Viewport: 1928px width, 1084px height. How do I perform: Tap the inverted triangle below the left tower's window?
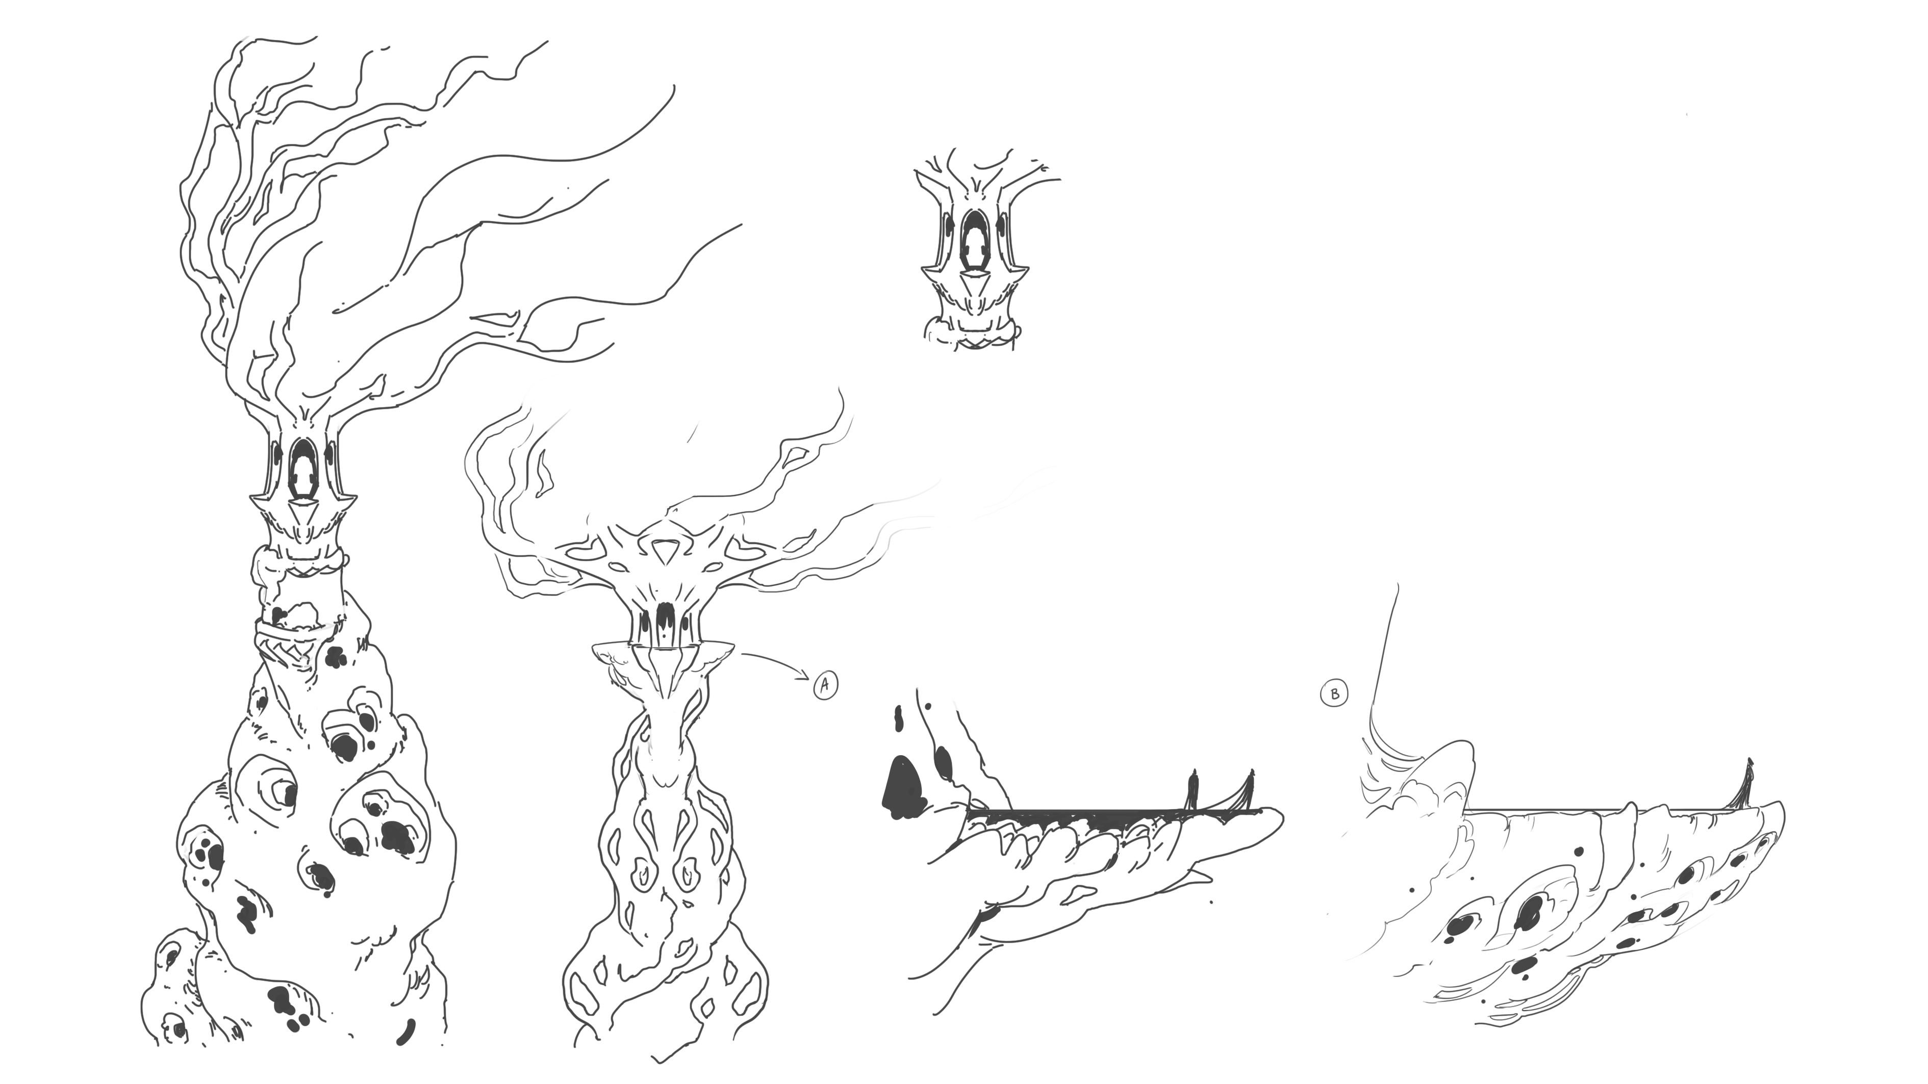[303, 512]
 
